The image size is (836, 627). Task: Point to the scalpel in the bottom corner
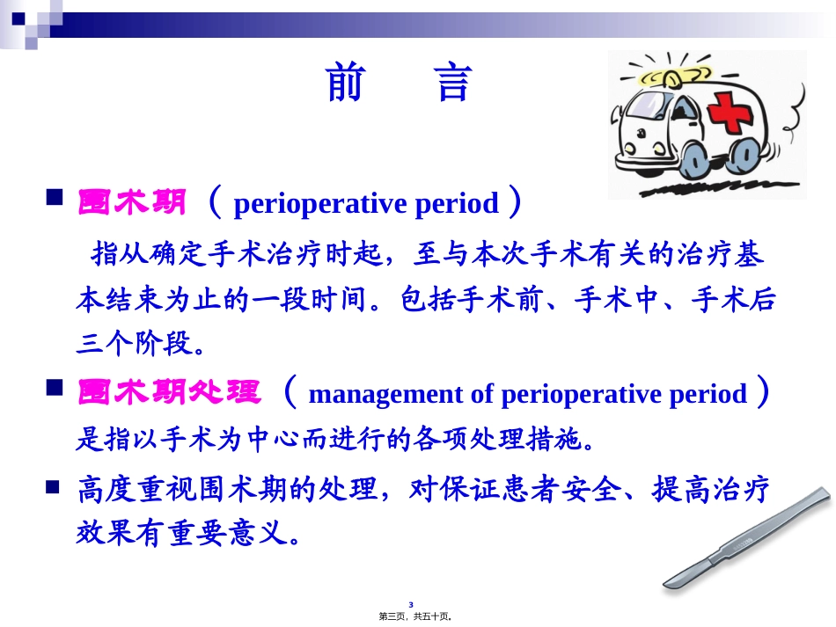coord(748,541)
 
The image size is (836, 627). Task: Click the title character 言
coord(454,84)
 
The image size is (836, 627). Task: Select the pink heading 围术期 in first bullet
coord(132,204)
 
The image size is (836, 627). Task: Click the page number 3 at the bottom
coord(422,605)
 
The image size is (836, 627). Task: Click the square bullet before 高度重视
coord(53,485)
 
